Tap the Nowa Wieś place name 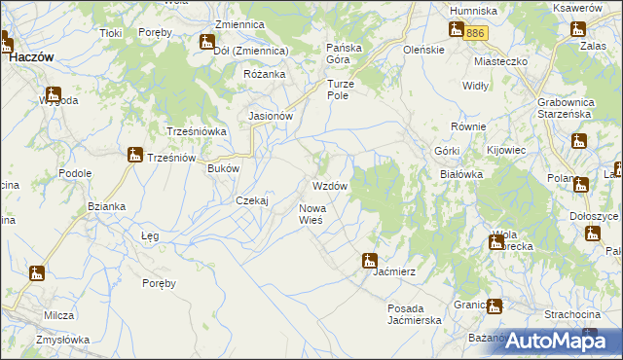pyautogui.click(x=317, y=214)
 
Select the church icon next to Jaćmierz pyautogui.click(x=369, y=261)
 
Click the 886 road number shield pyautogui.click(x=474, y=33)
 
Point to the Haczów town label pyautogui.click(x=31, y=57)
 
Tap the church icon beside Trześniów pyautogui.click(x=135, y=155)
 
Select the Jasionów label pyautogui.click(x=272, y=116)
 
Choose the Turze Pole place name pyautogui.click(x=342, y=90)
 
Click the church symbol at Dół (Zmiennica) pyautogui.click(x=206, y=42)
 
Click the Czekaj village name pyautogui.click(x=252, y=200)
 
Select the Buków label pyautogui.click(x=224, y=168)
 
